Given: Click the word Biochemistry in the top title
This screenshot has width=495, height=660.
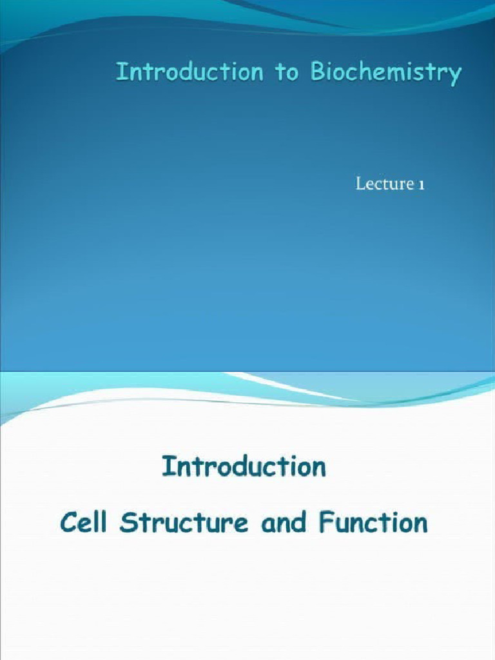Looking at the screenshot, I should pyautogui.click(x=385, y=73).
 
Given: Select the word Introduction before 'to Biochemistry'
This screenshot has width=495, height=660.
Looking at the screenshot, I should pyautogui.click(x=189, y=73).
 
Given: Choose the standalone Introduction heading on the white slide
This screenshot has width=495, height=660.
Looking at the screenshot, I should pyautogui.click(x=244, y=466).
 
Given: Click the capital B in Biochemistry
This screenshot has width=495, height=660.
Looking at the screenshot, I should pyautogui.click(x=317, y=73).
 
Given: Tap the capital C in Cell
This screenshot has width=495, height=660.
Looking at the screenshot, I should pyautogui.click(x=68, y=522).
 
